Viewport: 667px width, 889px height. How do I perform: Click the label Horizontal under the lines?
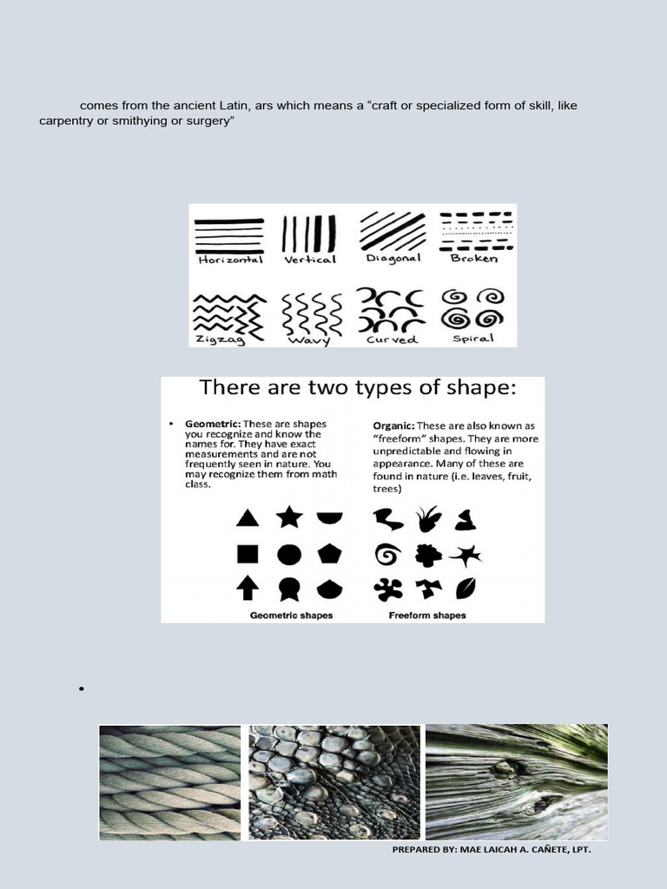[x=230, y=259]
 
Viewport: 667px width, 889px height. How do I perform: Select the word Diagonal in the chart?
[x=393, y=258]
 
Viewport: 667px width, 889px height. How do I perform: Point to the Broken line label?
[x=474, y=258]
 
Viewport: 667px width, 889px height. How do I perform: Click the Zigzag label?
[x=221, y=339]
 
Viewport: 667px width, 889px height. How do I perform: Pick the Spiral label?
[x=473, y=338]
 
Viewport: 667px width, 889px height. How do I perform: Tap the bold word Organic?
[x=393, y=426]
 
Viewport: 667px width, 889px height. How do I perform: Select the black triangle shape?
[x=248, y=518]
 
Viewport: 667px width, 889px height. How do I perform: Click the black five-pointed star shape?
[x=289, y=517]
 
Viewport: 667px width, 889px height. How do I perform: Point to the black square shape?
[x=247, y=554]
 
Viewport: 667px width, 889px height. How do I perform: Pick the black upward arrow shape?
[x=248, y=589]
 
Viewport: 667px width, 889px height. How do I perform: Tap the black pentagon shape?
[x=330, y=554]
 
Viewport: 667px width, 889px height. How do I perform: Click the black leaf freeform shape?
[x=466, y=589]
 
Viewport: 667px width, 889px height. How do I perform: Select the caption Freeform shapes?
[x=427, y=616]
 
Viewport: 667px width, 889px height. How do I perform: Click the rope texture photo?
[x=169, y=782]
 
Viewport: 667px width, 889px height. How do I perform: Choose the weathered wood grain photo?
[x=517, y=781]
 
